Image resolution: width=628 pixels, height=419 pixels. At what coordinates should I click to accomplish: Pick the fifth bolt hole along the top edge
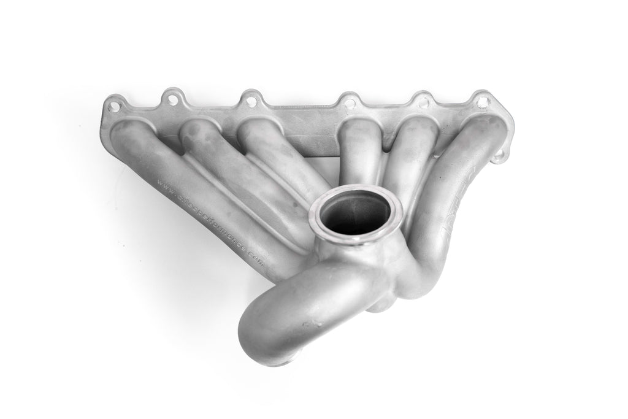pos(423,102)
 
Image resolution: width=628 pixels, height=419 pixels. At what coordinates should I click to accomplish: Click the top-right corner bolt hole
pos(483,101)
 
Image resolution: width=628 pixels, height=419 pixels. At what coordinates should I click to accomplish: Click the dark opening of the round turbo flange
pos(356,215)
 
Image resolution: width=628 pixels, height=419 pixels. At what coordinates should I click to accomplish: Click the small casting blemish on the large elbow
pos(318,321)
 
